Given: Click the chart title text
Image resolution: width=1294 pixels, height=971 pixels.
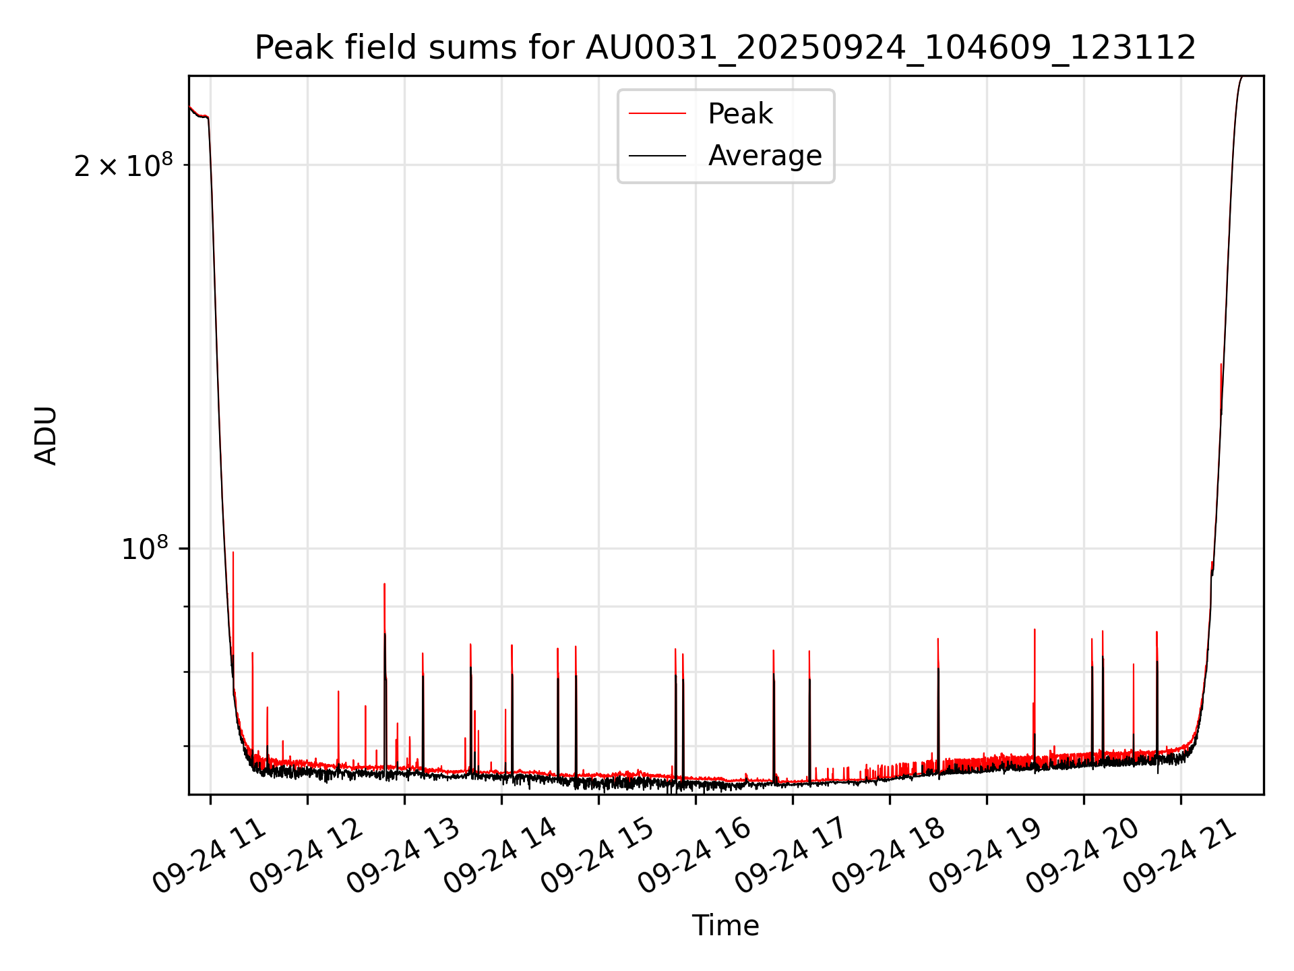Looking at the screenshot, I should point(725,48).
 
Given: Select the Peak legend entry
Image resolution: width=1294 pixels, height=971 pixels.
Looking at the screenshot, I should point(740,114).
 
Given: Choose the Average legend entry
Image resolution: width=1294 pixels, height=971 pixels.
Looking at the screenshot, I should point(764,156).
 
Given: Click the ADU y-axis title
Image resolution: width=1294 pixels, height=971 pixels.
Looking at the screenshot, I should point(46,436).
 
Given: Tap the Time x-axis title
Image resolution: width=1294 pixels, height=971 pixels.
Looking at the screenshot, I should point(725,926).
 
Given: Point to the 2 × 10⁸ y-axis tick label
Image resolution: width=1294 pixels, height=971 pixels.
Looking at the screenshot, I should point(123,166).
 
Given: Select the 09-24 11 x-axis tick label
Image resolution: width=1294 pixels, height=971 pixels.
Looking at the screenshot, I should point(210,856).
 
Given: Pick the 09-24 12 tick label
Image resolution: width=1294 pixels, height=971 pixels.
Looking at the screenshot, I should point(307,856).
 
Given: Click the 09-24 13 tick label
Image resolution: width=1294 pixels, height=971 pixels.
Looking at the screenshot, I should point(404,856).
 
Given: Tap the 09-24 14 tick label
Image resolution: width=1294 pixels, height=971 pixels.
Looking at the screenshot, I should point(501,856).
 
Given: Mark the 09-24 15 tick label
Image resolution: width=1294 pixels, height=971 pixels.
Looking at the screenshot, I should point(598,856).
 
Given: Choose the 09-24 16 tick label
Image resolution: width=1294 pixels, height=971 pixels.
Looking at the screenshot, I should point(695,856).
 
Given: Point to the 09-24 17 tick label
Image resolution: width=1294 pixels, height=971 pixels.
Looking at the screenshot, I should point(792,856).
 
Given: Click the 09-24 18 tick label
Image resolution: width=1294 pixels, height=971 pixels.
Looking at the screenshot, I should point(889,856).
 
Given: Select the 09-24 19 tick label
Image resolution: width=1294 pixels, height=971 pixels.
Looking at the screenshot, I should point(986,856).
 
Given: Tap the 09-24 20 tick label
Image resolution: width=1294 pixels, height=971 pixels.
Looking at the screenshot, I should point(1083,856).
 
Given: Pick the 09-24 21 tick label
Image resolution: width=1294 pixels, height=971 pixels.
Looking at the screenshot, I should point(1180,856).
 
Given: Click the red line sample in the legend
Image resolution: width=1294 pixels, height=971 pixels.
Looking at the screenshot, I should point(657,114).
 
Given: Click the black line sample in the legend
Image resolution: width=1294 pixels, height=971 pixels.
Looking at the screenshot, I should point(657,156).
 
